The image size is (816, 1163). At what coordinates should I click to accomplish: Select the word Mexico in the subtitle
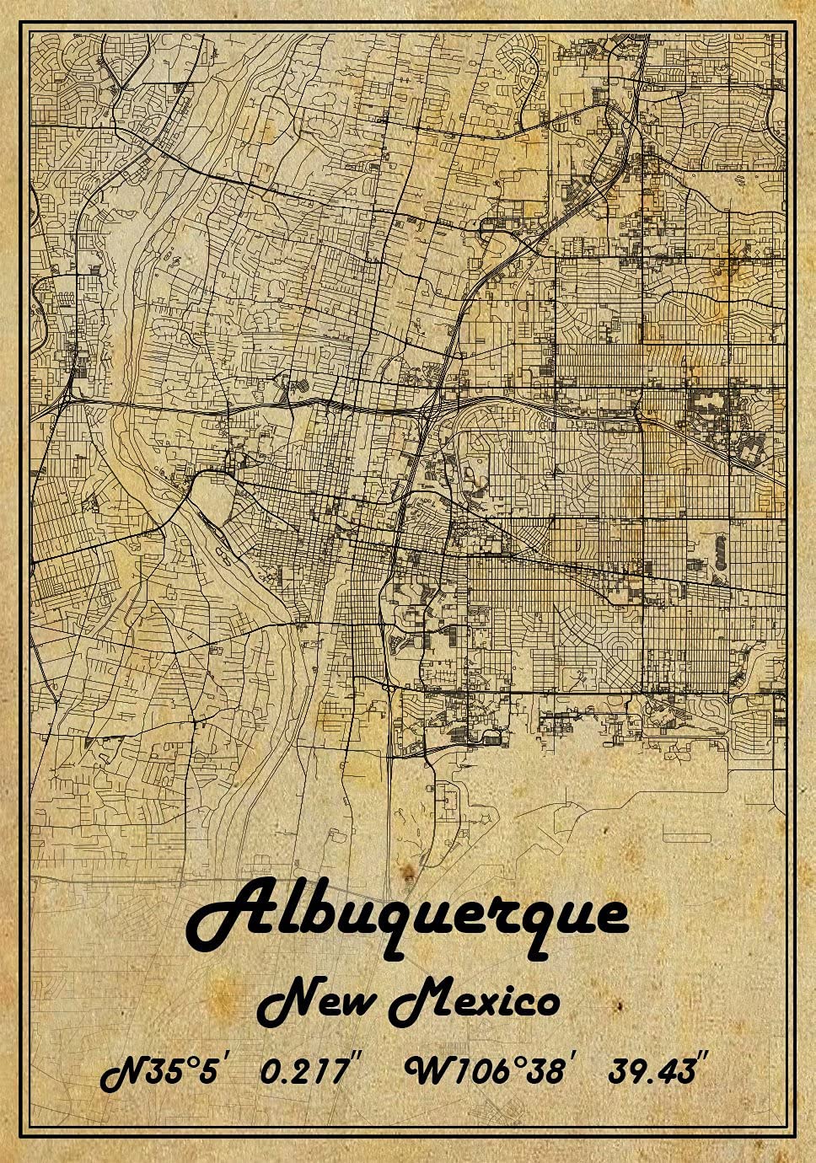pos(474,1002)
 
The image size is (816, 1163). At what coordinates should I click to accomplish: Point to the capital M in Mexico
pos(417,1001)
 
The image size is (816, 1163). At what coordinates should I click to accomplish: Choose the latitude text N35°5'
pos(164,1072)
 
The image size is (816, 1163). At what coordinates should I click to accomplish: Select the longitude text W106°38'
pos(489,1072)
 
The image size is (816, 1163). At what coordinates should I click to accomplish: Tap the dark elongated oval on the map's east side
pos(719,552)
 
